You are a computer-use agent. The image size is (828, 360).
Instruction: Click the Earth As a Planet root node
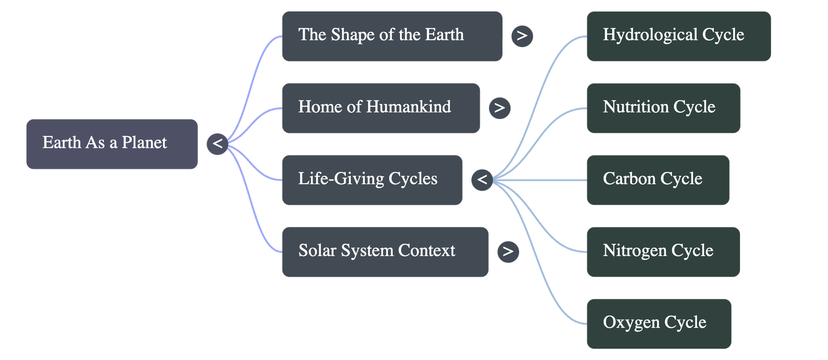(112, 144)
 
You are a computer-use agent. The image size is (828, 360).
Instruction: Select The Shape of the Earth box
(392, 36)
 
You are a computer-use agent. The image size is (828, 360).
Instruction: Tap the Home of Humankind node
(380, 108)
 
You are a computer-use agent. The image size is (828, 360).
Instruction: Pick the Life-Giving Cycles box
(372, 179)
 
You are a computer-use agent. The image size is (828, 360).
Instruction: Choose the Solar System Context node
(385, 251)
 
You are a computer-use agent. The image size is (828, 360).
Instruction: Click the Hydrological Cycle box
(678, 36)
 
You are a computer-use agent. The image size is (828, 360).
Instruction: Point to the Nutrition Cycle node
(663, 108)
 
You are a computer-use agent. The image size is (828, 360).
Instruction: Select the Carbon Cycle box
(657, 179)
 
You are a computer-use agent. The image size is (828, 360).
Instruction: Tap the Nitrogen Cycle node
(663, 251)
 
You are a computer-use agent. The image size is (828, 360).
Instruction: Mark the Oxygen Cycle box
(659, 323)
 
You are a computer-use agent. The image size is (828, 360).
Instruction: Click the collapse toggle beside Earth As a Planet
(217, 143)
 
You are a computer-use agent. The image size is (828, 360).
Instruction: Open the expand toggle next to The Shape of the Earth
(522, 36)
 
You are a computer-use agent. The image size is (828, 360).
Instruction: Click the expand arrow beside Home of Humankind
(499, 108)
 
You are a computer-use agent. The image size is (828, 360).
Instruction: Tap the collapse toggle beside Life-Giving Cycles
(482, 179)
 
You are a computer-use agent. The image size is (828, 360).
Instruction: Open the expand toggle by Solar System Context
(508, 251)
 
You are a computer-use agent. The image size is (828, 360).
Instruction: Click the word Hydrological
(650, 35)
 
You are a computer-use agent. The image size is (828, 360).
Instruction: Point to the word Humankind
(408, 107)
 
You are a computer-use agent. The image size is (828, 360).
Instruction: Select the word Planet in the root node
(144, 143)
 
